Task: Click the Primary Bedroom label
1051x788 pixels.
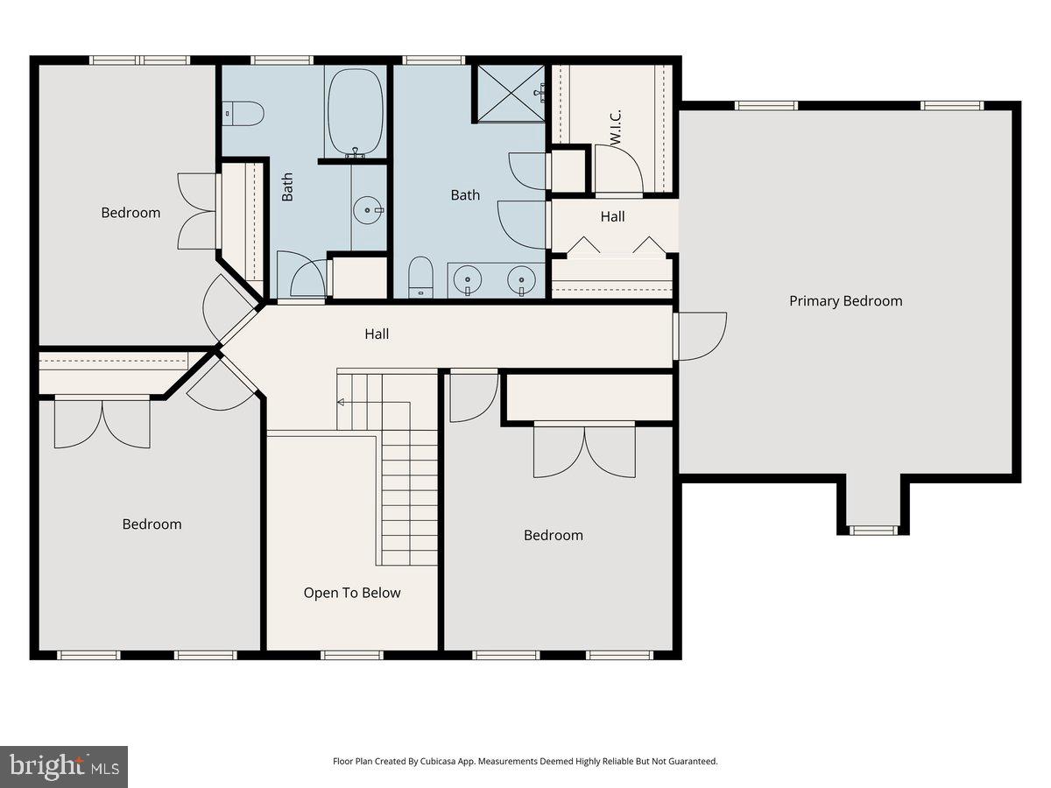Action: coord(845,301)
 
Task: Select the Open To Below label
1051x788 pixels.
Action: coord(352,593)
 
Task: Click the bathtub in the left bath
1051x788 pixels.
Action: coord(355,111)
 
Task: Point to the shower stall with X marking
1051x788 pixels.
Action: coord(511,92)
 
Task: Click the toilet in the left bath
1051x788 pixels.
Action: coord(244,112)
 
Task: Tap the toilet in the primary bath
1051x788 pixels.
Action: coord(420,278)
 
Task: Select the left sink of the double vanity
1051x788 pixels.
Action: coord(469,279)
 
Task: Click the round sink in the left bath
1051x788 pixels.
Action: coord(368,209)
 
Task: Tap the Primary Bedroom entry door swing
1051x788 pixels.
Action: coord(701,336)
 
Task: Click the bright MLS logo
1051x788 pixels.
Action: coord(64,766)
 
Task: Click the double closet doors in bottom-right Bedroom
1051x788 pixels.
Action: coord(584,450)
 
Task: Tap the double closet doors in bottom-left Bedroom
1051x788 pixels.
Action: coord(102,424)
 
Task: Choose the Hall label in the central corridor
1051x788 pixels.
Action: coord(377,334)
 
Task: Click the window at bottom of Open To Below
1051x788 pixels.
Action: coord(352,654)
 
